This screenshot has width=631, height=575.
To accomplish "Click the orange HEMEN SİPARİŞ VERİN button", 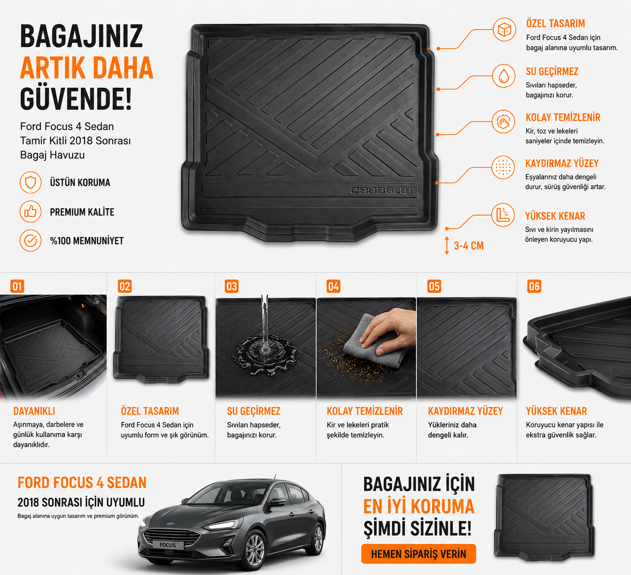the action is pyautogui.click(x=419, y=553).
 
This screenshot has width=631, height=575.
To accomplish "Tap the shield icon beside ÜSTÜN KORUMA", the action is pyautogui.click(x=30, y=182).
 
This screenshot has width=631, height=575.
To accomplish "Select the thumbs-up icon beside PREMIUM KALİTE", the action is pyautogui.click(x=30, y=212).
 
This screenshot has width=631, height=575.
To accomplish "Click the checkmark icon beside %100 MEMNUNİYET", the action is pyautogui.click(x=30, y=240).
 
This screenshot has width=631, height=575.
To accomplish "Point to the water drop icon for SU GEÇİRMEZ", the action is pyautogui.click(x=504, y=76).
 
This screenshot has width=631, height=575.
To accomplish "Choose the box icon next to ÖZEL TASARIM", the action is pyautogui.click(x=504, y=30).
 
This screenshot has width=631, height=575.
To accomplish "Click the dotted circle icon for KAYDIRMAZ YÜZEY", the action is pyautogui.click(x=503, y=167).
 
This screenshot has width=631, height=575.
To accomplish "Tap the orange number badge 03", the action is pyautogui.click(x=232, y=286).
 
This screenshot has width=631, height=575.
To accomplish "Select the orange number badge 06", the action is pyautogui.click(x=534, y=286).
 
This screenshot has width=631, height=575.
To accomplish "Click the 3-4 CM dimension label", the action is pyautogui.click(x=469, y=246).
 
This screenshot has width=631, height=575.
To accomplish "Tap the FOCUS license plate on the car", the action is pyautogui.click(x=168, y=545).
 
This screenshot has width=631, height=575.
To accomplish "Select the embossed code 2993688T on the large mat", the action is pyautogui.click(x=383, y=191).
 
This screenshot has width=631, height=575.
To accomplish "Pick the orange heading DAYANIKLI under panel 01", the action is pyautogui.click(x=34, y=411).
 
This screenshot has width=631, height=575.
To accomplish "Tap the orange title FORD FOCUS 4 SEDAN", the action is pyautogui.click(x=82, y=483).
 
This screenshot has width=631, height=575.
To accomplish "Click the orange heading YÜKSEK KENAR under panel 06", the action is pyautogui.click(x=557, y=411).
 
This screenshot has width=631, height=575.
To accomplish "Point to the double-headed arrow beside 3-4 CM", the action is pyautogui.click(x=446, y=246).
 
